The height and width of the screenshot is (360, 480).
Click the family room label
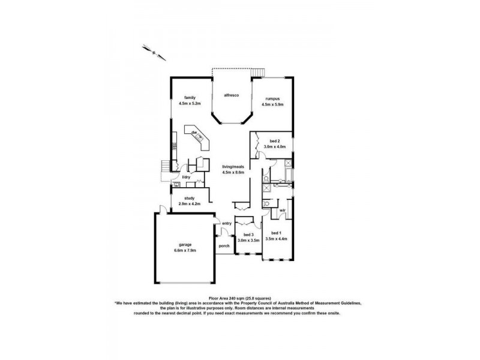point(190,98)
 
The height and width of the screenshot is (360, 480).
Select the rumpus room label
point(272,99)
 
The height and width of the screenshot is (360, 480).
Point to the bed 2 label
point(274,140)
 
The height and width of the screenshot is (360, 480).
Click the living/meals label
point(232,167)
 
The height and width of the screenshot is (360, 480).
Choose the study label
point(188,198)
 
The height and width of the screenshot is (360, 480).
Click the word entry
point(226,224)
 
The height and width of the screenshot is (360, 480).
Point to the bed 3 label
point(248,235)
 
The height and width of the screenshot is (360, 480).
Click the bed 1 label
point(276,233)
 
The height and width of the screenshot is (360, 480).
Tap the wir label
point(282,211)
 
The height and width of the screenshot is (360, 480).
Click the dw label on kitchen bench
point(194,132)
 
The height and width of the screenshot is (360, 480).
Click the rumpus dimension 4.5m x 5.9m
point(272,104)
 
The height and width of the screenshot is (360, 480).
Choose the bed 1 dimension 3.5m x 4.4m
point(276,239)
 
